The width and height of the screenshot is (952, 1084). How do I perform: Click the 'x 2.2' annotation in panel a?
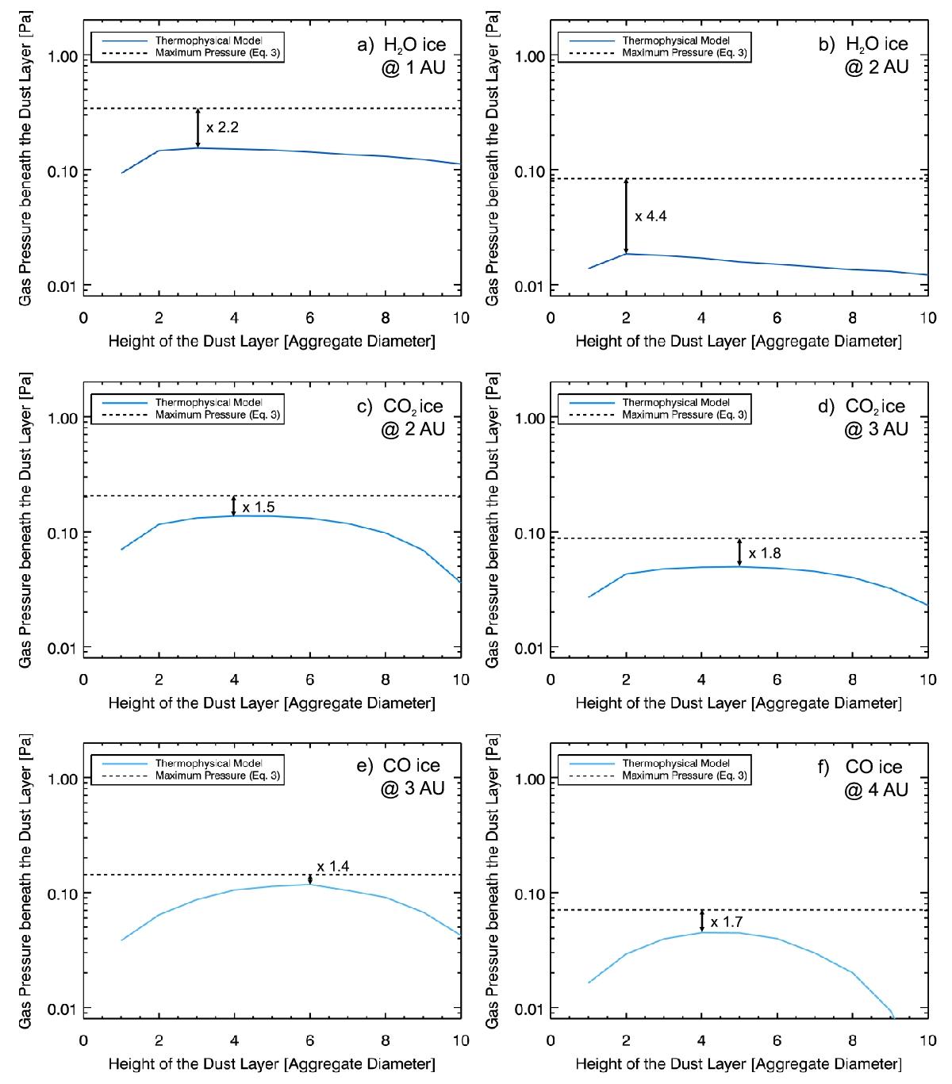click(222, 128)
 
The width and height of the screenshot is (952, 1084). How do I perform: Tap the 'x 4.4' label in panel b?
click(651, 216)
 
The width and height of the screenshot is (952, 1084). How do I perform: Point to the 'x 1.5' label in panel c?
click(258, 508)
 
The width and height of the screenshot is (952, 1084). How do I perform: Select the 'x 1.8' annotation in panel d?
click(765, 553)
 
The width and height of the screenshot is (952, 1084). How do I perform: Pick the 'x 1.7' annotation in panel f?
click(726, 922)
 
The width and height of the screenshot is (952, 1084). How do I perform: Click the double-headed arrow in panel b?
click(626, 216)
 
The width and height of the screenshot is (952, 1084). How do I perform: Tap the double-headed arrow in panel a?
click(198, 128)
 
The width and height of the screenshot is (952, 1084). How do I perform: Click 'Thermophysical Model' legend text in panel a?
click(209, 40)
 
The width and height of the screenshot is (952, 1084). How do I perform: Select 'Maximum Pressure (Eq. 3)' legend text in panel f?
click(685, 776)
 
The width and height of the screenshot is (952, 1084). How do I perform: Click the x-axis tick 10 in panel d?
click(927, 680)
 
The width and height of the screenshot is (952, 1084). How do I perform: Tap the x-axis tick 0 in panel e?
click(84, 1040)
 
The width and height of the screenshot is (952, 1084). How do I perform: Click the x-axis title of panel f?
click(738, 1063)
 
